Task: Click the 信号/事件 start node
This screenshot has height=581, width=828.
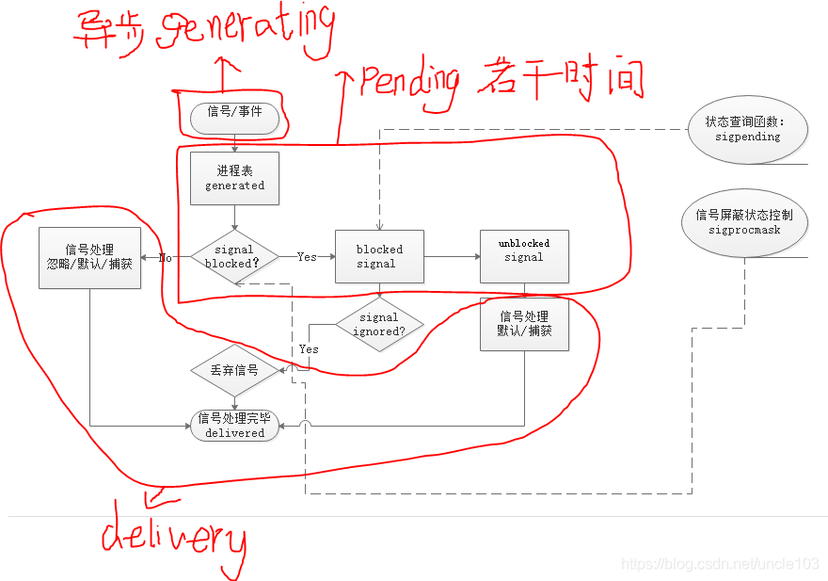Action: (234, 118)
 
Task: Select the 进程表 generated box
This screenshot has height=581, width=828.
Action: (234, 178)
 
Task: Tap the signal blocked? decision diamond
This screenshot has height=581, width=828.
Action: (234, 257)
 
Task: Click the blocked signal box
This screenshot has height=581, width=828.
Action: (379, 257)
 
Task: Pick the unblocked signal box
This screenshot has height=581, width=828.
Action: (524, 257)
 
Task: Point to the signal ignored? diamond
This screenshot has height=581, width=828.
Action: (379, 325)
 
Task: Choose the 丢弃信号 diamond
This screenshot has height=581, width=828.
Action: (234, 371)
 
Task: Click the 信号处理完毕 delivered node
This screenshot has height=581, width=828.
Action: (234, 426)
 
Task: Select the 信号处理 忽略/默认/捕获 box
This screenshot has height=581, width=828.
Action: (89, 257)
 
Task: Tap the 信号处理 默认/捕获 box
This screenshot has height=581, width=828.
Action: (524, 324)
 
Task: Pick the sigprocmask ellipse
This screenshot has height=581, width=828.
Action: (743, 222)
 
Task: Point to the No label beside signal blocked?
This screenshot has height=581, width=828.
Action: (165, 257)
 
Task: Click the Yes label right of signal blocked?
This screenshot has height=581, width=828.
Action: (307, 257)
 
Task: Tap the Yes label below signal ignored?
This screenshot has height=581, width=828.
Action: (309, 349)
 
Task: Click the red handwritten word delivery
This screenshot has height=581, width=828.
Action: (174, 539)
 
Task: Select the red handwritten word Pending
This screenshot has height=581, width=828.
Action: (409, 85)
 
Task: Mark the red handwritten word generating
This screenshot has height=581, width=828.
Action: (247, 30)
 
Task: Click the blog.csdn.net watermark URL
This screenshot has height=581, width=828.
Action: (721, 563)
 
